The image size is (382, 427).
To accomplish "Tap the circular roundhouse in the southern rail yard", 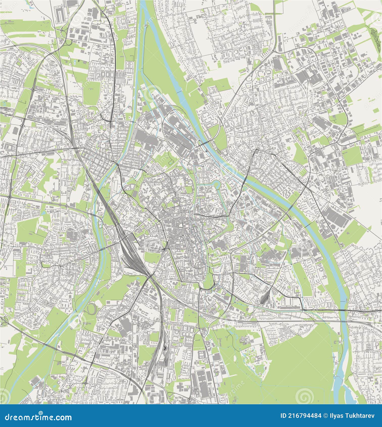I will click(164, 349).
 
